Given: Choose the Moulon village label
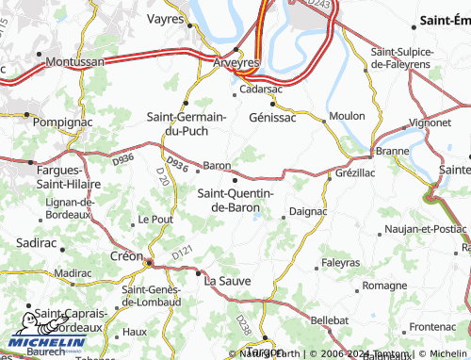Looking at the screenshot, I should click(x=346, y=116).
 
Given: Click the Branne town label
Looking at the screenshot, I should click(x=392, y=150).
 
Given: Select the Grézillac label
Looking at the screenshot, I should click(x=356, y=173).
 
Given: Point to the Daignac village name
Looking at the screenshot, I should click(x=307, y=211).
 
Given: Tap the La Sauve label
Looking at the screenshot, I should click(x=227, y=280).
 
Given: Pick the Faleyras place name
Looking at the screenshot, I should click(x=340, y=262).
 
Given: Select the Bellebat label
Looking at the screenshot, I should click(x=330, y=320).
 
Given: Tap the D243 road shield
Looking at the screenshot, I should click(x=321, y=6).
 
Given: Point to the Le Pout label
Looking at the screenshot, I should click(x=155, y=219).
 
